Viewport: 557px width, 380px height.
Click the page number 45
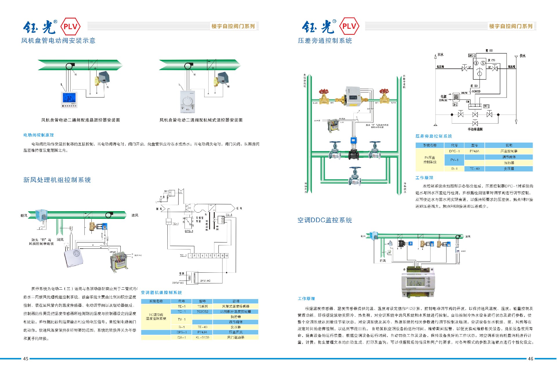pyautogui.click(x=26, y=359)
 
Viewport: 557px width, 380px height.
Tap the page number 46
pyautogui.click(x=530, y=359)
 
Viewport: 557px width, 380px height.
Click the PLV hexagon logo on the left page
pyautogui.click(x=70, y=26)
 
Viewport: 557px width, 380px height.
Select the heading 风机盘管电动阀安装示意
pyautogui.click(x=58, y=41)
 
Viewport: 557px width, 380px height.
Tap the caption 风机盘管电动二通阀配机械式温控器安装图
pyautogui.click(x=201, y=120)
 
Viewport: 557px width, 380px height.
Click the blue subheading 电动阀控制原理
pyautogui.click(x=39, y=135)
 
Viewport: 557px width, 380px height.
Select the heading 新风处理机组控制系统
pyautogui.click(x=57, y=180)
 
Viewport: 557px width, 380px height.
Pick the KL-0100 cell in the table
pyautogui.click(x=202, y=338)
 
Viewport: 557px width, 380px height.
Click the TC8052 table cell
pyautogui.click(x=202, y=312)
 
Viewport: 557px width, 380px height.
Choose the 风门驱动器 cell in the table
pyautogui.click(x=236, y=338)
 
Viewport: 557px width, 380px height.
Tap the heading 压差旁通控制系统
pyautogui.click(x=325, y=41)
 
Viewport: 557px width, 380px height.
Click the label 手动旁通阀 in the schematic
pyautogui.click(x=475, y=129)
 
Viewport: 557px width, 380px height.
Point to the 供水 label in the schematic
pyautogui.click(x=522, y=56)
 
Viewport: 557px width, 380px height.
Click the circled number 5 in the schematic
pyautogui.click(x=483, y=63)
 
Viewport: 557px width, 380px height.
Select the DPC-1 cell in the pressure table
pyautogui.click(x=454, y=151)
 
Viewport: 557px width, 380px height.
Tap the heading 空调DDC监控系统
pyautogui.click(x=325, y=220)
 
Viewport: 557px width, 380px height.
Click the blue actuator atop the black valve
pyautogui.click(x=353, y=141)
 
